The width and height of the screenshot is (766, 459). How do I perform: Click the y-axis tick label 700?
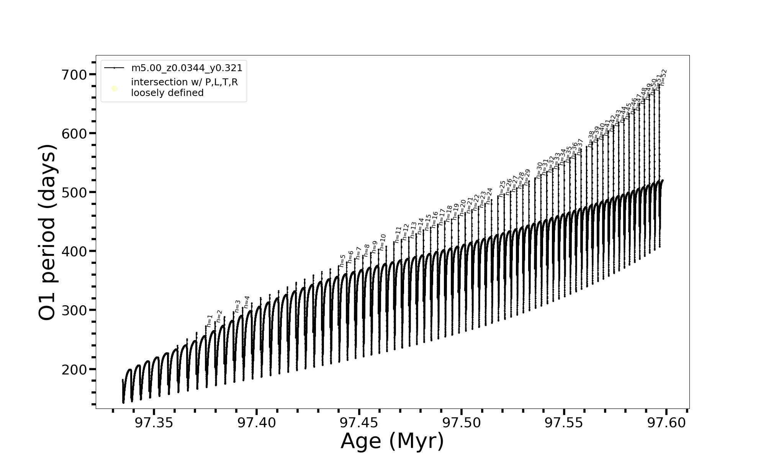tap(74, 75)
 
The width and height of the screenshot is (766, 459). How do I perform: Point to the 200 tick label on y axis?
tap(74, 369)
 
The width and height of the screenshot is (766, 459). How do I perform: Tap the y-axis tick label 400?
tap(74, 252)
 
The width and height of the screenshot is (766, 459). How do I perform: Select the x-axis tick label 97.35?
tap(154, 423)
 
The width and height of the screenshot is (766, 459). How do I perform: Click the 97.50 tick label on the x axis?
tap(461, 423)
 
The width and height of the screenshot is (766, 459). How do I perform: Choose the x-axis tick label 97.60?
tap(666, 423)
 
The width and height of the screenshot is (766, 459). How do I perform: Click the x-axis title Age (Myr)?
tap(392, 441)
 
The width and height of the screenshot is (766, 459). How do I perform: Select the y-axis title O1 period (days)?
tap(48, 232)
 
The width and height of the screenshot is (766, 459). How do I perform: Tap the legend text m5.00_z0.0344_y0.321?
tap(187, 68)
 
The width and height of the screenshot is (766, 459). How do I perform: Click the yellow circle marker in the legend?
tap(114, 89)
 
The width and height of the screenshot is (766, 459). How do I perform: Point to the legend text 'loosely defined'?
tap(167, 93)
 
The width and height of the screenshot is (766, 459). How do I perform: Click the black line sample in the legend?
tap(114, 68)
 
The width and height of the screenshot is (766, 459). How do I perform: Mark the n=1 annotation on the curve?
tap(210, 321)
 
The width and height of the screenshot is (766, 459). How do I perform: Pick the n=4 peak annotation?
tap(247, 302)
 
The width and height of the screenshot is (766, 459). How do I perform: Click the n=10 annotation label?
tap(382, 242)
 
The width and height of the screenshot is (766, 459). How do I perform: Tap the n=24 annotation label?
tap(489, 195)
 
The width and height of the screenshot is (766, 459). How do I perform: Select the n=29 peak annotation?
tap(527, 177)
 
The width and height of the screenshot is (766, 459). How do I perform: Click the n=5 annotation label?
tap(342, 260)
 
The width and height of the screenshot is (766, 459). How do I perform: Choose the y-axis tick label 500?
tap(74, 192)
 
